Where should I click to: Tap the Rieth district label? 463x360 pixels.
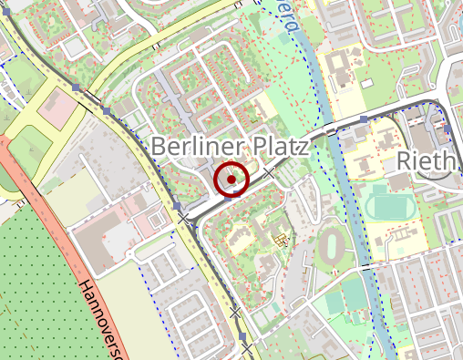pyautogui.click(x=426, y=162)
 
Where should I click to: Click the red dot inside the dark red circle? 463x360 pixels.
pyautogui.click(x=232, y=180)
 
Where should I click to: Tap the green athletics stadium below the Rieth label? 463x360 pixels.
pyautogui.click(x=392, y=204)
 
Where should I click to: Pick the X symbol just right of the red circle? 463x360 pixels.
pyautogui.click(x=269, y=172)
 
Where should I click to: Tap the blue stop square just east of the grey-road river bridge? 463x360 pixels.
pyautogui.click(x=363, y=119)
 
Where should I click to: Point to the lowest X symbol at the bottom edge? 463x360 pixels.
pyautogui.click(x=246, y=348)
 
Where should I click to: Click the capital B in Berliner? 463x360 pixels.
pyautogui.click(x=159, y=146)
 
